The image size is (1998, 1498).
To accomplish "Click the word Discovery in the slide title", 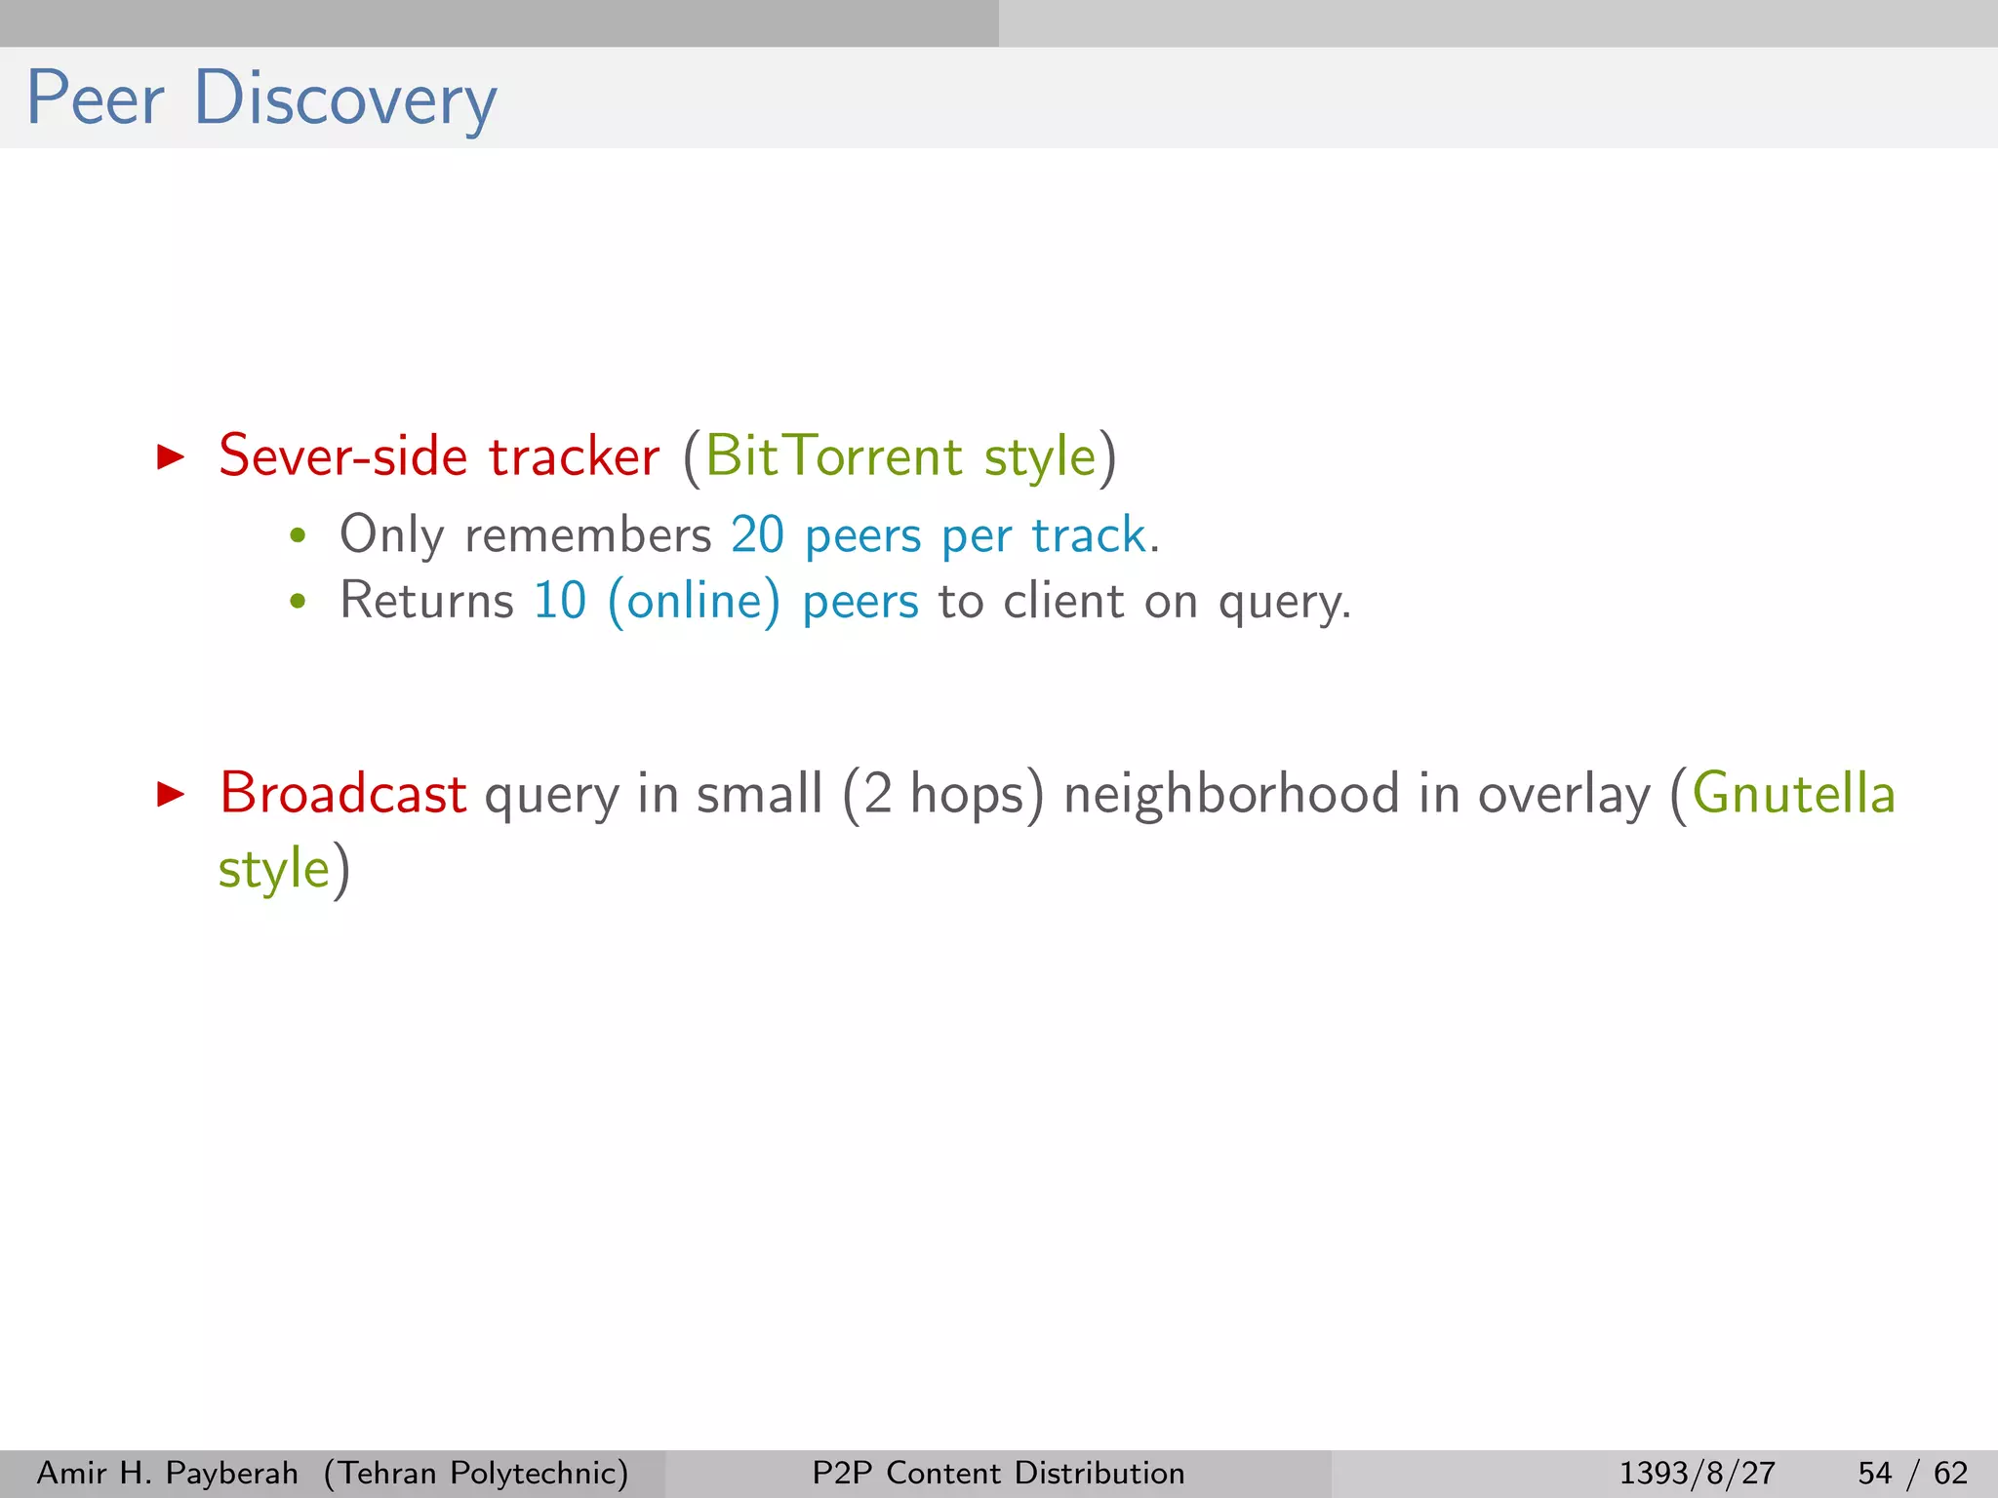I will (x=345, y=99).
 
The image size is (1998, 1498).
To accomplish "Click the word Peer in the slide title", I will (x=95, y=99).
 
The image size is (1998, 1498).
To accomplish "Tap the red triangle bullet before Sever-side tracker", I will (x=171, y=456).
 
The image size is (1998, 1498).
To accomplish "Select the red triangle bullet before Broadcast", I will (x=171, y=794).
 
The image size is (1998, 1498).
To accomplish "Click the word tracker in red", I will (x=574, y=456).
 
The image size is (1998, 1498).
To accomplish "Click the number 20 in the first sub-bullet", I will (x=757, y=535).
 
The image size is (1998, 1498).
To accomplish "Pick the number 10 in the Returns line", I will (x=560, y=601).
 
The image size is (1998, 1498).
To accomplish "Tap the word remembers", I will (x=588, y=535).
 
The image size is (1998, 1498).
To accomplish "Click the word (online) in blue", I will (x=694, y=601).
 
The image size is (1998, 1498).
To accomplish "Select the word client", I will (x=1063, y=601).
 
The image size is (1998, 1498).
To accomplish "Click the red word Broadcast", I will (x=342, y=794).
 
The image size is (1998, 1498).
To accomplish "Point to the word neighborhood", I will (x=1231, y=794).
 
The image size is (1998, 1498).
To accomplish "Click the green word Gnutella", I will (x=1793, y=794).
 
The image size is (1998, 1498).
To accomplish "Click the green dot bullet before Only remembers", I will (x=298, y=535).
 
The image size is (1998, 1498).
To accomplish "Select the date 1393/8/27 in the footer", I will (x=1697, y=1473).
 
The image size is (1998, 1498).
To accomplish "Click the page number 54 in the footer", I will (x=1874, y=1473).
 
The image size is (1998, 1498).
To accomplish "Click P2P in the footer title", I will (x=842, y=1473).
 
